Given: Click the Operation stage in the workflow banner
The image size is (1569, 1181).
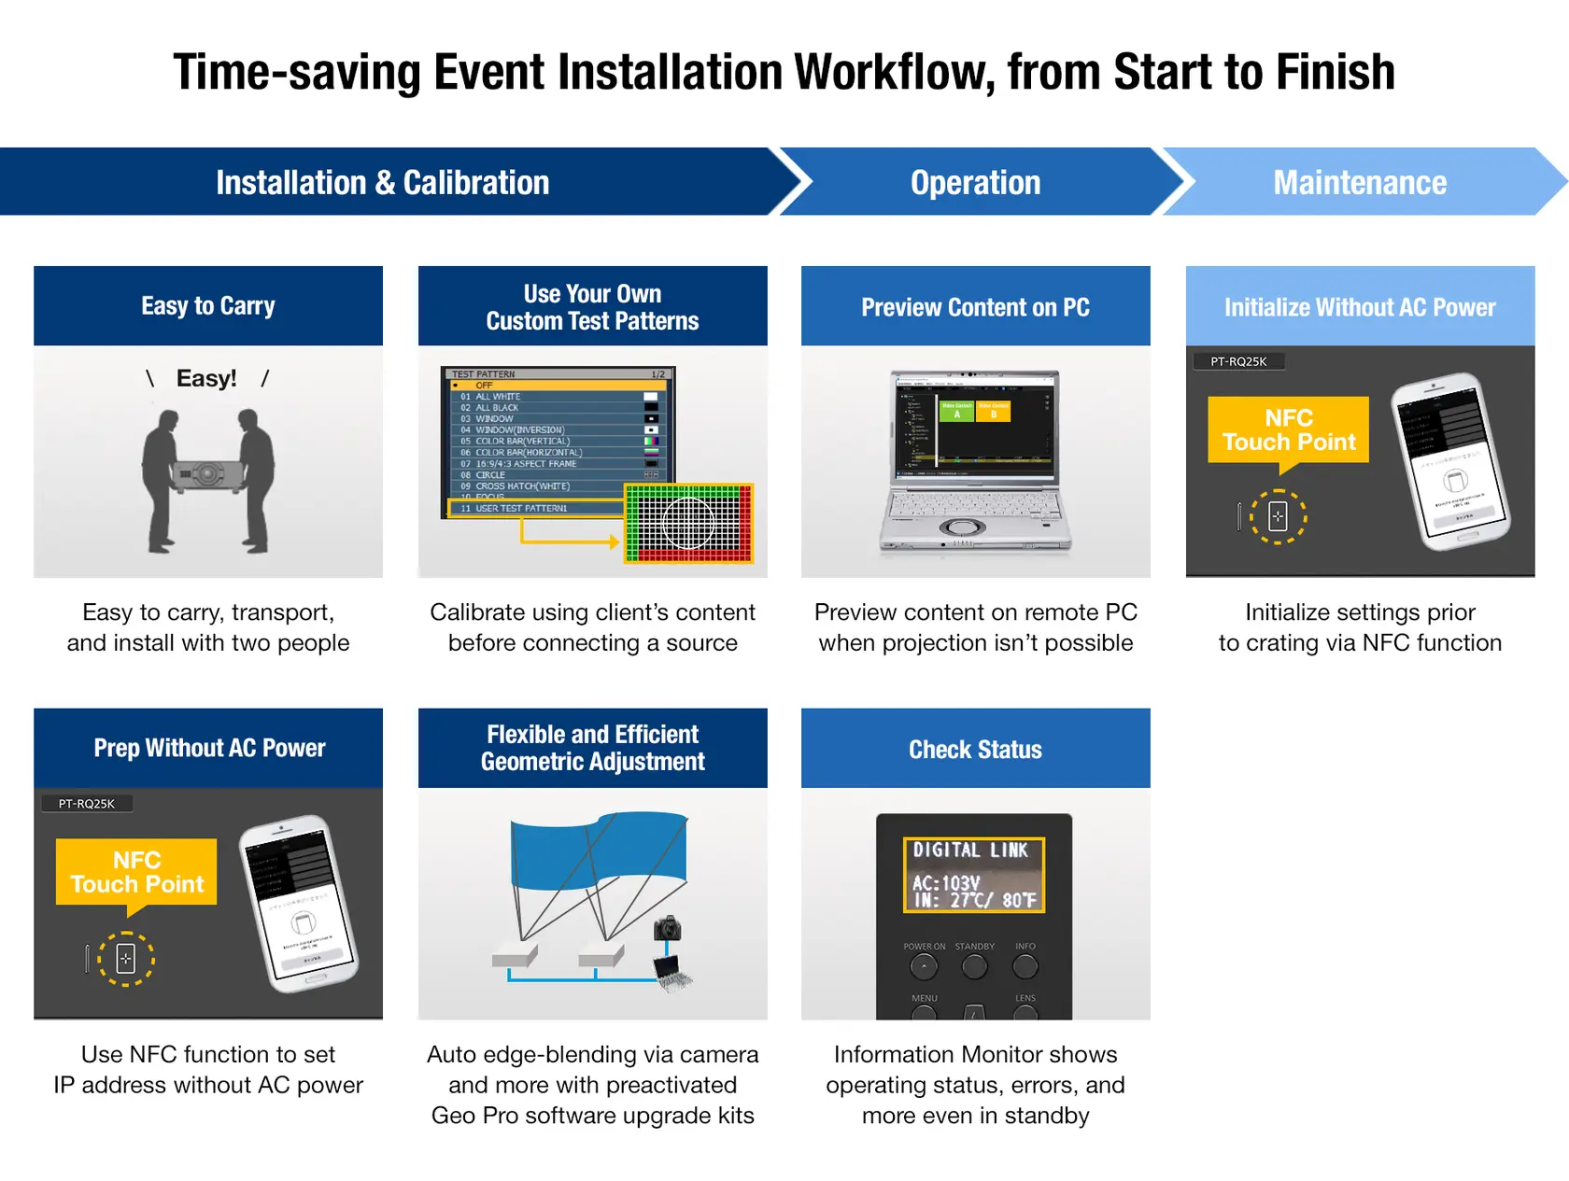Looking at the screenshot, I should [x=975, y=183].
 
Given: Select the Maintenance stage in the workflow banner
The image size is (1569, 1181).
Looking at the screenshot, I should [x=1360, y=183].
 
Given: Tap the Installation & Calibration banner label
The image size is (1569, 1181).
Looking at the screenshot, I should [x=382, y=183].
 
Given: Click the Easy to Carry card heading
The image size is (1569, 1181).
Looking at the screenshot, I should [x=207, y=306].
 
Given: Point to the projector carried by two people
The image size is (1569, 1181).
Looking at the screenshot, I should [x=208, y=474].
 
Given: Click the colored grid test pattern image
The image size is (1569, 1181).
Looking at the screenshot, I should [x=688, y=523].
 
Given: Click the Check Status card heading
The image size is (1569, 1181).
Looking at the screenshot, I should [x=975, y=749].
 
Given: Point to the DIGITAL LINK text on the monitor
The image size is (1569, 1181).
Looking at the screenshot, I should [x=970, y=850].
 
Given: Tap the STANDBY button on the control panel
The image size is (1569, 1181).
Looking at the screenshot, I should [x=974, y=966].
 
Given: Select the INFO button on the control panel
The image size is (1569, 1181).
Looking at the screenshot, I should [x=1025, y=966].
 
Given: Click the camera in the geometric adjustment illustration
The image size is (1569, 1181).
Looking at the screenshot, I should [x=667, y=928].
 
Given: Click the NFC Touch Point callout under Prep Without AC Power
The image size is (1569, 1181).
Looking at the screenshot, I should [x=136, y=872].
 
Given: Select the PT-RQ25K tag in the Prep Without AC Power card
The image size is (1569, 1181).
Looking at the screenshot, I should [x=87, y=804].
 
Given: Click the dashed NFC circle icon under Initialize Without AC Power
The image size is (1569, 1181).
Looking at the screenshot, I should [x=1278, y=515].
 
